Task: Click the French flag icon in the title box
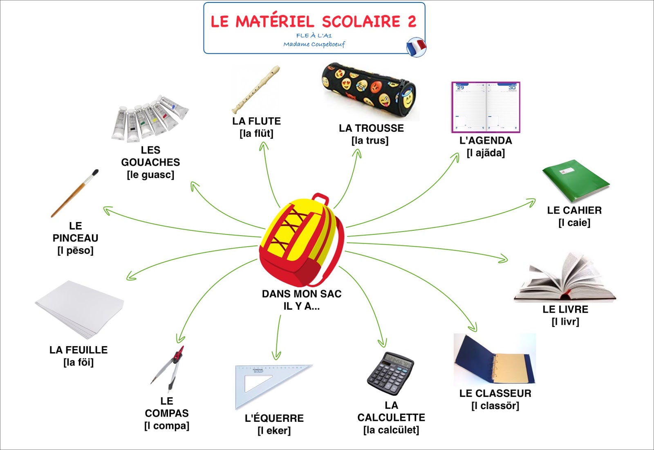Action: click(416, 47)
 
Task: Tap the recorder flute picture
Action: click(256, 90)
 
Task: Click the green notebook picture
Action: click(575, 180)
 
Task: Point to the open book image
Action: click(565, 278)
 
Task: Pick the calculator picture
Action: click(390, 373)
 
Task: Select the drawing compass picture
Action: click(170, 368)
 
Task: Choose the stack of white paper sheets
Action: click(80, 309)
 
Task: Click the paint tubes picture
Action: click(149, 119)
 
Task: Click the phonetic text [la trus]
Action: click(370, 140)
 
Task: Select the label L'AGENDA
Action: click(486, 140)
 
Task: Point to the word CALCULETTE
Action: click(391, 417)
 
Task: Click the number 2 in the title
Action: click(412, 21)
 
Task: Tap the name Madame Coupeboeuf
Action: click(314, 44)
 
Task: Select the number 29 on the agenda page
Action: click(460, 88)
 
